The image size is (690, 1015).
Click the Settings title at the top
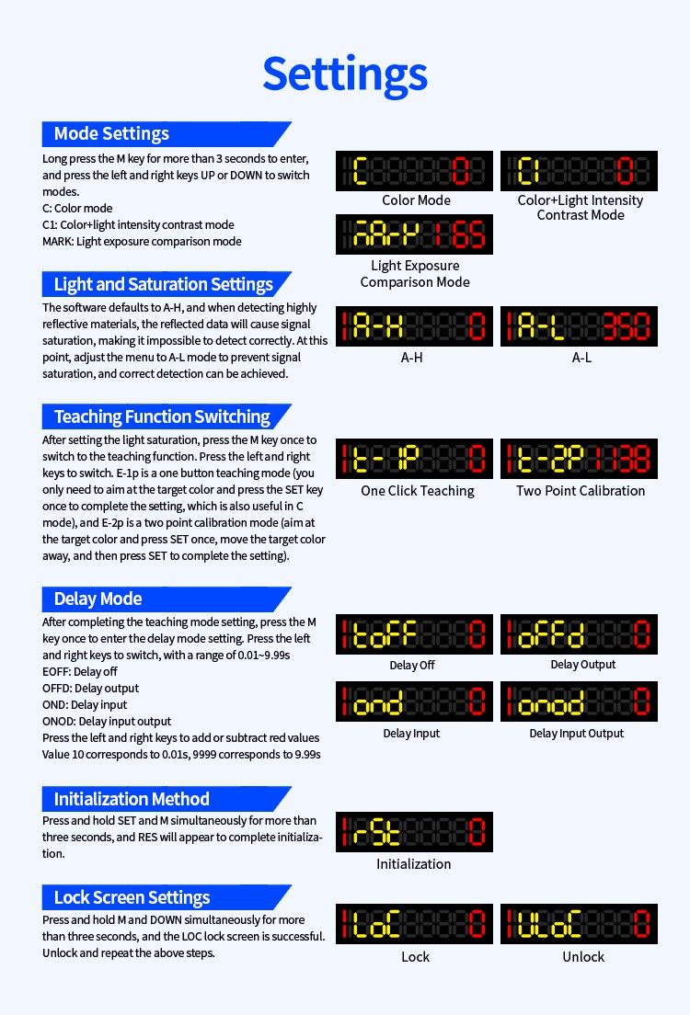[345, 74]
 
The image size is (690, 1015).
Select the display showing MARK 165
[414, 234]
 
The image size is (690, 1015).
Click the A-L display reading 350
[579, 326]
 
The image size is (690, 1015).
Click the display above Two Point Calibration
[579, 459]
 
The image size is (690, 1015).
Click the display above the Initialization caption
[414, 831]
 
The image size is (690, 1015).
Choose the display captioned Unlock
[579, 924]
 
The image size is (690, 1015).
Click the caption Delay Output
[583, 665]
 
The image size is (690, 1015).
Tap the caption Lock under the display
[415, 957]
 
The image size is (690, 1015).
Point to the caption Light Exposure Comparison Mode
[415, 274]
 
